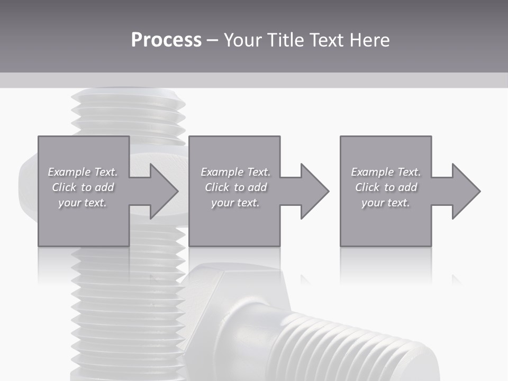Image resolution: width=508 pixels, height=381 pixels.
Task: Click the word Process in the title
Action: click(166, 40)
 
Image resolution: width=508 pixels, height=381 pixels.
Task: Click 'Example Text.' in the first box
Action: click(83, 172)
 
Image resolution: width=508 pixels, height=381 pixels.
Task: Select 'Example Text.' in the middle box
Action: click(235, 172)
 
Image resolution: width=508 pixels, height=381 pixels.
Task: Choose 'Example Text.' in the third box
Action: click(386, 172)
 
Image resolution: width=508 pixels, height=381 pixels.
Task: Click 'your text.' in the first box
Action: click(83, 203)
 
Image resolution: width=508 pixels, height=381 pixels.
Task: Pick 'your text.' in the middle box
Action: click(235, 203)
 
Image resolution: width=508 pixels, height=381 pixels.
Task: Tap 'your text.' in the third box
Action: click(386, 203)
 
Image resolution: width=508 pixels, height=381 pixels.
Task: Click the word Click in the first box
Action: click(64, 187)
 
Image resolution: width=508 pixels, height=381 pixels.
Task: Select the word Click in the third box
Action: click(367, 187)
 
